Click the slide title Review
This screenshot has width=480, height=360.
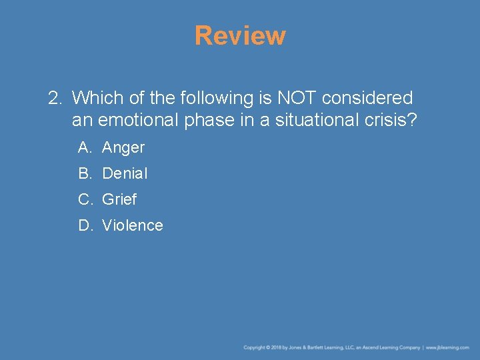tap(240, 35)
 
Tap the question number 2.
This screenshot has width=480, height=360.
tap(54, 98)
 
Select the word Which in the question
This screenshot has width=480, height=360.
tap(94, 98)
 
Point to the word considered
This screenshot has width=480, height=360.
tap(367, 98)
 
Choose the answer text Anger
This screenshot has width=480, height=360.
tap(123, 148)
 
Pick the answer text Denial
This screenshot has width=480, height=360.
tap(125, 173)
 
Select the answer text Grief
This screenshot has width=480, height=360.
tap(119, 199)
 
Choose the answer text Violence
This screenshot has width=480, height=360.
tap(133, 225)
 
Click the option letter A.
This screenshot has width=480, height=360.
tap(85, 148)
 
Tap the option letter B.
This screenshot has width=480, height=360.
tap(85, 173)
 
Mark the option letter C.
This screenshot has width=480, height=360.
tap(85, 199)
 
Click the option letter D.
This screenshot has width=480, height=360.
tap(85, 225)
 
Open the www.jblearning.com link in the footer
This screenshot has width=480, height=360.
tap(447, 347)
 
